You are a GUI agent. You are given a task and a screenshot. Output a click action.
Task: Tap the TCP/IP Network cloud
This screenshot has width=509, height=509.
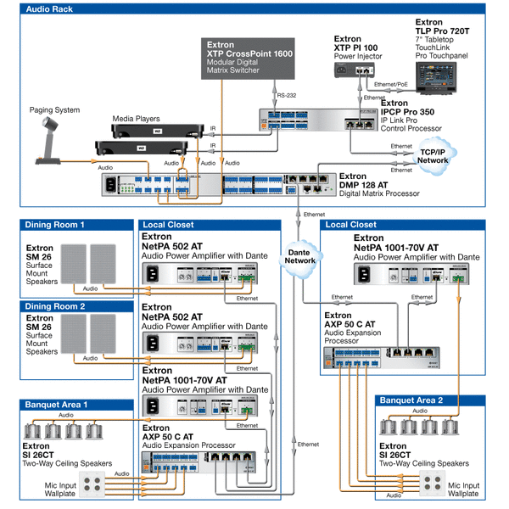(433, 154)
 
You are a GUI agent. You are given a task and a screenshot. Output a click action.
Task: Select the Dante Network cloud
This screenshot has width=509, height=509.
(301, 256)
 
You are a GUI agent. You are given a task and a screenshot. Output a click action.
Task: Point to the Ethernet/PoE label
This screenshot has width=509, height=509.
(392, 86)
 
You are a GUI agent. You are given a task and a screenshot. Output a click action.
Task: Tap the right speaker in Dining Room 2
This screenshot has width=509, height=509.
(103, 333)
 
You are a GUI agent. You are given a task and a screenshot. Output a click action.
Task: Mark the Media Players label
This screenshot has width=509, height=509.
(135, 119)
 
